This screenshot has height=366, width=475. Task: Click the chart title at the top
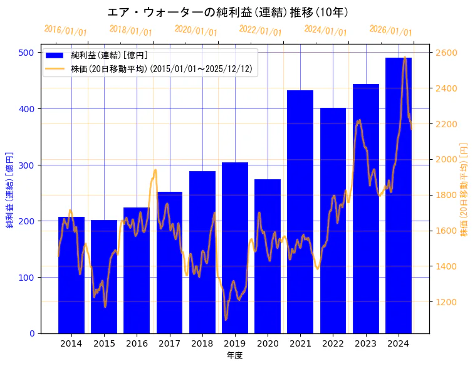click(x=227, y=13)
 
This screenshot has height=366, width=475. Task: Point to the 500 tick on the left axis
click(x=26, y=53)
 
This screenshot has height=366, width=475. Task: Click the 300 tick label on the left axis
click(x=26, y=165)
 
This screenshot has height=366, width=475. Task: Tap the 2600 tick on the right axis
click(x=446, y=53)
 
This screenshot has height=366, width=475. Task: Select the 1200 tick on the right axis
click(x=446, y=302)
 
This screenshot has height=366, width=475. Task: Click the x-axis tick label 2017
click(x=169, y=343)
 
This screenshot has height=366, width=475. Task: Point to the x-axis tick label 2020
click(x=268, y=343)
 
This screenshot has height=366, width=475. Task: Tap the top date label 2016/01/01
click(x=65, y=31)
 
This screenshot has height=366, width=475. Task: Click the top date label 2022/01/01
click(x=261, y=31)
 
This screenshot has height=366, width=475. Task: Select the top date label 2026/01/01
click(x=390, y=31)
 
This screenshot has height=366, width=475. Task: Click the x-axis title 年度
click(x=235, y=355)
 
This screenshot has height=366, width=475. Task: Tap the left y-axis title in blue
click(x=10, y=189)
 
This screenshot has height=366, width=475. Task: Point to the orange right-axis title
click(x=464, y=189)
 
